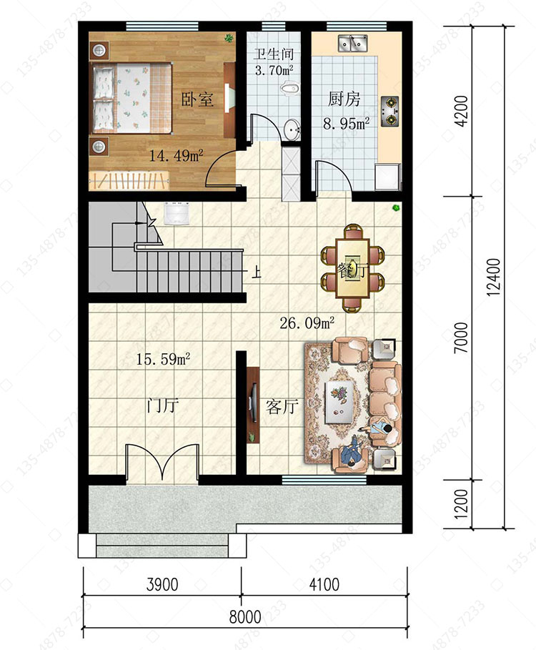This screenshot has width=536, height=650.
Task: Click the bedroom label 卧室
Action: tap(197, 99)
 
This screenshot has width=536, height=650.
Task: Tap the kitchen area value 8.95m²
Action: tap(346, 123)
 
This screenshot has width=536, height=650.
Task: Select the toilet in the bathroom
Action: tap(290, 88)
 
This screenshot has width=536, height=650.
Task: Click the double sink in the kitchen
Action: tap(353, 43)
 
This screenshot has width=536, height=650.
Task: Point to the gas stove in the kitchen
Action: tap(389, 111)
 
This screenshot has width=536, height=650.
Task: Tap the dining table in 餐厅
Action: tap(353, 268)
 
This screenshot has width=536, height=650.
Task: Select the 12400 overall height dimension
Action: tap(493, 277)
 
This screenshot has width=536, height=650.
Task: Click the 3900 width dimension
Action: tap(162, 584)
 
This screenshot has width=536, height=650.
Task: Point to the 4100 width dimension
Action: tap(324, 584)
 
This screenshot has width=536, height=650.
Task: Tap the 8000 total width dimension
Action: tap(245, 617)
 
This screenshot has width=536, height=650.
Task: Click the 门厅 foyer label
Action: tap(163, 405)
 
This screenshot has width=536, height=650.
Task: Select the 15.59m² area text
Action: tap(163, 359)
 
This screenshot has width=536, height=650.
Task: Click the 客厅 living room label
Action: tap(282, 407)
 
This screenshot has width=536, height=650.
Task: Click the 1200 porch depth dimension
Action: tap(461, 504)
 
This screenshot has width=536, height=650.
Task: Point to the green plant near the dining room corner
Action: tap(397, 207)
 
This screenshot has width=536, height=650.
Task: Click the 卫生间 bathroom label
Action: tap(274, 54)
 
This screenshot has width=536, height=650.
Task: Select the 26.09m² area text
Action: tap(307, 322)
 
